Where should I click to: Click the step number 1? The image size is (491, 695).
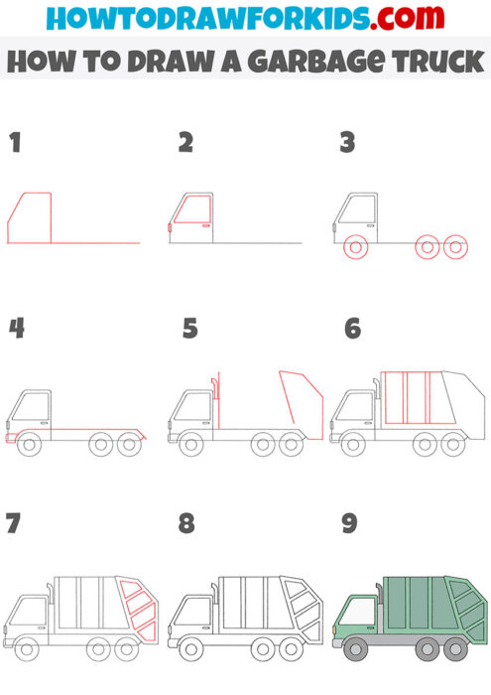(14, 143)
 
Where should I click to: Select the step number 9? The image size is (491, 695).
(349, 523)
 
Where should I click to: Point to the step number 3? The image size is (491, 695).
(347, 143)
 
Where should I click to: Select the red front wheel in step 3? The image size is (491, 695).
(354, 248)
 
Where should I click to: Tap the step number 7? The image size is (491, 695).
(13, 523)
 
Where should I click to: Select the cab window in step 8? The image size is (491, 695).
(193, 612)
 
